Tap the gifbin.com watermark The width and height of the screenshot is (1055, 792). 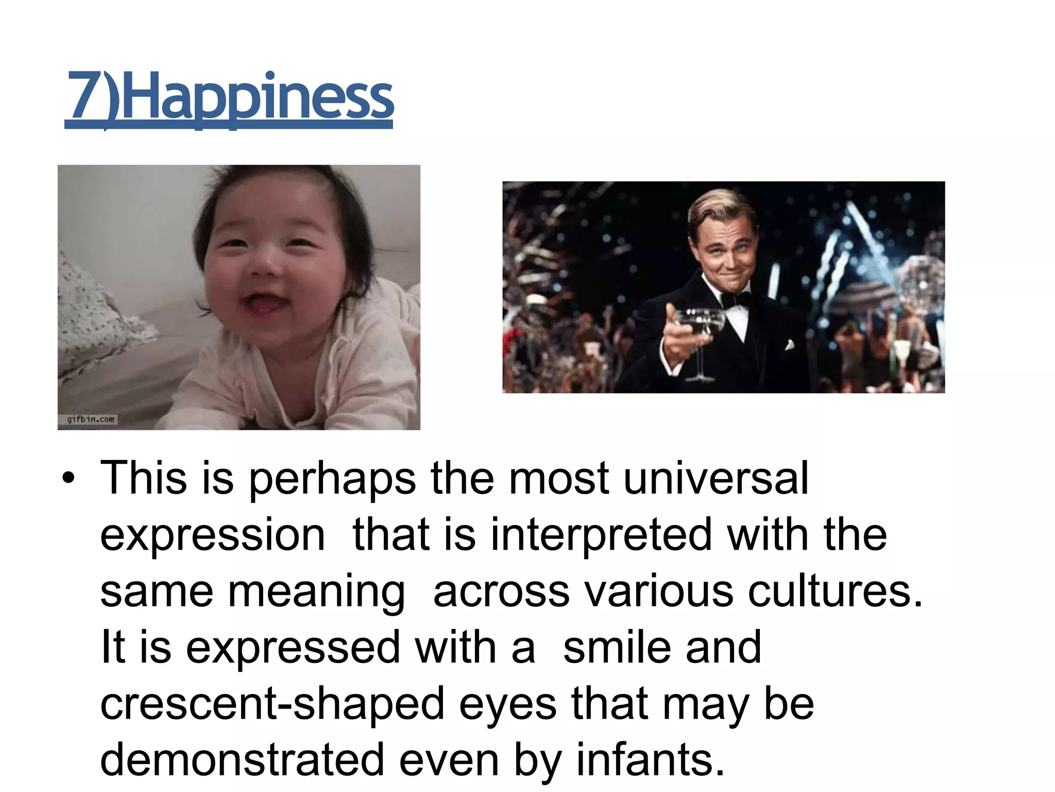(91, 419)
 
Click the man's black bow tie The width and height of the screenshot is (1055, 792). (735, 299)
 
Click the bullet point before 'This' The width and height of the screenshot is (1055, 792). (67, 478)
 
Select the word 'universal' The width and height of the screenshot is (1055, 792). (716, 478)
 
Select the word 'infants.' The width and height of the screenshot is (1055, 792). (650, 760)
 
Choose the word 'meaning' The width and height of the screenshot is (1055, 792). (316, 592)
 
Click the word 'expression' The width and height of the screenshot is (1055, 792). (212, 536)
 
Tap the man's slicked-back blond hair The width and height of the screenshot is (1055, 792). (721, 206)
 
